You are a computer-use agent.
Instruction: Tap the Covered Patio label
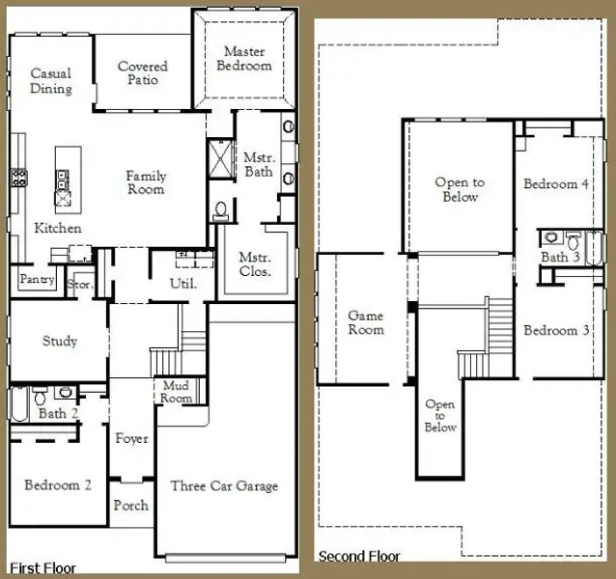(143, 73)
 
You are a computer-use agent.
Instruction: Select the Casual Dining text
(51, 81)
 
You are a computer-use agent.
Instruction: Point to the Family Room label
(146, 182)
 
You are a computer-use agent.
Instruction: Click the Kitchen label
(58, 229)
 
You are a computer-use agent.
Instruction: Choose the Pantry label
(37, 280)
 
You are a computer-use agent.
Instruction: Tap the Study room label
(60, 342)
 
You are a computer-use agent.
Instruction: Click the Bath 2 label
(53, 414)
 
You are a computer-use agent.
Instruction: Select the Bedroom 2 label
(58, 485)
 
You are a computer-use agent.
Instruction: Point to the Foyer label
(132, 439)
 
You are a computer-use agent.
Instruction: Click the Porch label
(131, 506)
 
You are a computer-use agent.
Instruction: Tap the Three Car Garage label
(224, 486)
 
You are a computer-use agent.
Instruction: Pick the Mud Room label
(176, 392)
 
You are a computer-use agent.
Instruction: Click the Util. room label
(183, 284)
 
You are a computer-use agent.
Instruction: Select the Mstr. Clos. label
(256, 265)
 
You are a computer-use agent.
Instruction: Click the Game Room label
(366, 322)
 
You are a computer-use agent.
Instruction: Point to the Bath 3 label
(560, 258)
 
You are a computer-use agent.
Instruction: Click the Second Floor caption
(359, 557)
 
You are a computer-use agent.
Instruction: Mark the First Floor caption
(42, 568)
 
